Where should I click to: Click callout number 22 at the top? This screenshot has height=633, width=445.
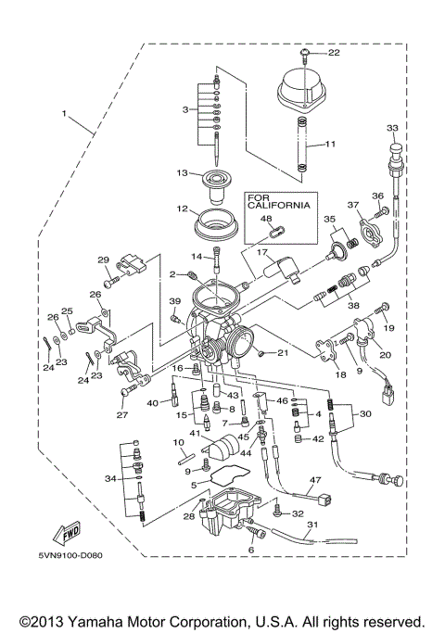coord(334,53)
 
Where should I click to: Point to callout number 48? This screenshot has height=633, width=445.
coord(266,220)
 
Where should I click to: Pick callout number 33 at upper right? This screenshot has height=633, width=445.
coord(392,127)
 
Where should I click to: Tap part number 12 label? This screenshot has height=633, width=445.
coord(183,209)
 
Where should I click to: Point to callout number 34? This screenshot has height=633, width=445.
coord(110,478)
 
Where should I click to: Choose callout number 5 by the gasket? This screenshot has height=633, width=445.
coord(193,484)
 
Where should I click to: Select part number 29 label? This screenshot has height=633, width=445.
coord(103,260)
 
